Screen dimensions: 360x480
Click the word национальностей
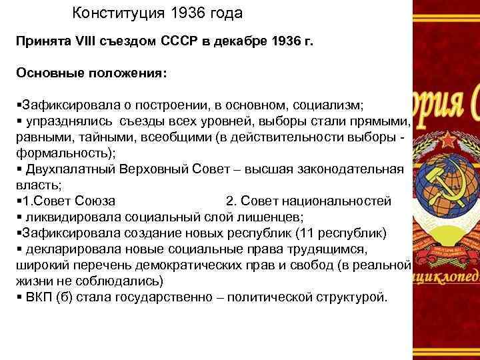point(333,201)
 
